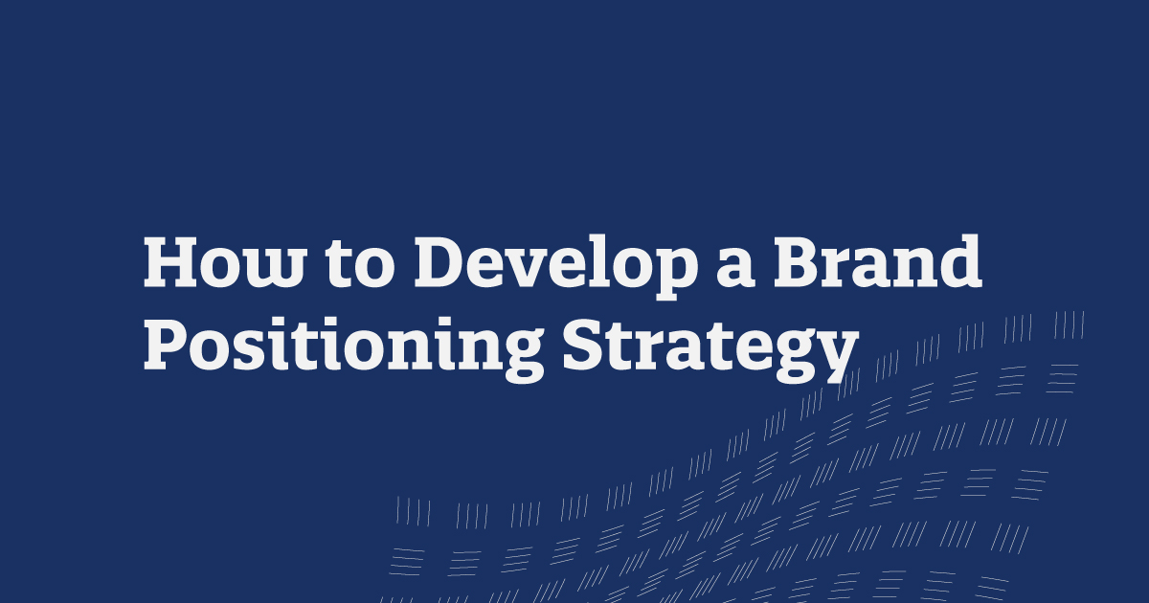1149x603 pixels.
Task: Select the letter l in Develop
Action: (x=591, y=260)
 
